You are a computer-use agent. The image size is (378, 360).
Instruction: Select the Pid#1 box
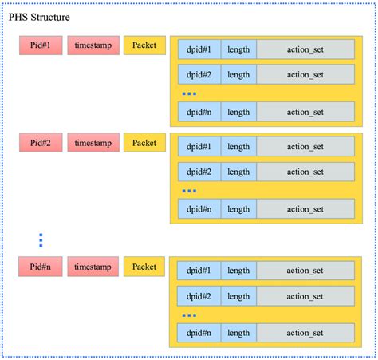[x=40, y=45]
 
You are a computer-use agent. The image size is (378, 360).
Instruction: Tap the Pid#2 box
[x=40, y=144]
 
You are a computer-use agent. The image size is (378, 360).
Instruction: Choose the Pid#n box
[x=40, y=267]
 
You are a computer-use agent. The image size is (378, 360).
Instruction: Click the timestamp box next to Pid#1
[x=93, y=45]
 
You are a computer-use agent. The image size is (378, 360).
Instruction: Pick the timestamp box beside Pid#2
[x=93, y=144]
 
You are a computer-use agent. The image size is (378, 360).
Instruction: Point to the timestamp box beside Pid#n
[x=93, y=267]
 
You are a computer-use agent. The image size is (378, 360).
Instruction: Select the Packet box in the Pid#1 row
[x=144, y=45]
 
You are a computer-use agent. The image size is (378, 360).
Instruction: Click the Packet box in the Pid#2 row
[x=144, y=144]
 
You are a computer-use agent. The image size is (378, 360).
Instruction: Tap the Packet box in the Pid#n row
[x=144, y=267]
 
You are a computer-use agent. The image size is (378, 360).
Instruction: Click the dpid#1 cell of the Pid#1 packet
[x=199, y=49]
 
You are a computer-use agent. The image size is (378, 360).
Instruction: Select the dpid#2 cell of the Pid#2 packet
[x=199, y=172]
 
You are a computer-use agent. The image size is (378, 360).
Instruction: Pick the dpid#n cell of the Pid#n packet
[x=199, y=332]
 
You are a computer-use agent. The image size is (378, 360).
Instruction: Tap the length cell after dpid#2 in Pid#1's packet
[x=238, y=74]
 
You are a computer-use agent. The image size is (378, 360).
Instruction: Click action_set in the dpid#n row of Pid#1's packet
[x=305, y=113]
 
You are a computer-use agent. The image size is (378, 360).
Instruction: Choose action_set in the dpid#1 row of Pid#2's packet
[x=305, y=147]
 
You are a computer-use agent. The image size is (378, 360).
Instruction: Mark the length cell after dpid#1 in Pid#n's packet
[x=238, y=271]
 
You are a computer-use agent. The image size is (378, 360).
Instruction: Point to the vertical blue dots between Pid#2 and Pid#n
[x=41, y=239]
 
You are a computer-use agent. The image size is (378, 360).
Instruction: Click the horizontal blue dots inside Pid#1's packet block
[x=189, y=94]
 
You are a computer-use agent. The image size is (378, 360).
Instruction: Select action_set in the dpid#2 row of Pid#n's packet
[x=305, y=296]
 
